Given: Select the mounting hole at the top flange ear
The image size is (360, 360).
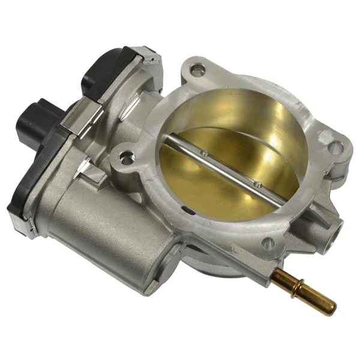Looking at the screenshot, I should pyautogui.click(x=196, y=70).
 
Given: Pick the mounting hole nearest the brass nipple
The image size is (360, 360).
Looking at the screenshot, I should pyautogui.click(x=269, y=243).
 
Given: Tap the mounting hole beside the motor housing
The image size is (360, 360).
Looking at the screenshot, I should pyautogui.click(x=125, y=158).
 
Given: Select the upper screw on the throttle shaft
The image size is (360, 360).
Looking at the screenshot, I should pyautogui.click(x=205, y=154).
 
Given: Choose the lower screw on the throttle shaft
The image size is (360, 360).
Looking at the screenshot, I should pyautogui.click(x=256, y=183).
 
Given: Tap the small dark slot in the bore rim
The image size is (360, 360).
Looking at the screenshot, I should pyautogui.click(x=190, y=210).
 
